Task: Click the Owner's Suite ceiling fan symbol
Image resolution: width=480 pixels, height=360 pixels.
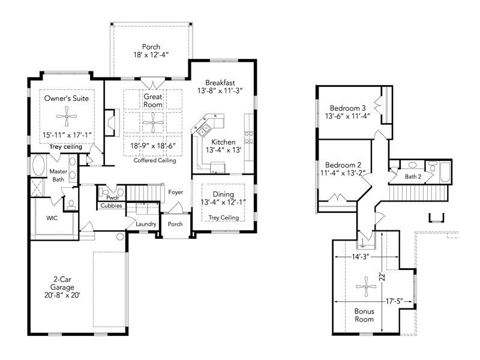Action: [67, 116]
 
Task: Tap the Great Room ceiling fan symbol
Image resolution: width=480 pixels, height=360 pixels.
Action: [153, 123]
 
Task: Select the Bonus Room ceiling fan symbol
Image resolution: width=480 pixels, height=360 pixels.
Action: [366, 287]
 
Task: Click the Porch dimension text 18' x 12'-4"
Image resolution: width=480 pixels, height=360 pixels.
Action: [151, 55]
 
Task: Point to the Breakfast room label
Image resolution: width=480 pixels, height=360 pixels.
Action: [220, 83]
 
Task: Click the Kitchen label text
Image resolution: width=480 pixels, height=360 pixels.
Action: [223, 142]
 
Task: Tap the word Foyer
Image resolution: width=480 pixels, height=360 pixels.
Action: [176, 192]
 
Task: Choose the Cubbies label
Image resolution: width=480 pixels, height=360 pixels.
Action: [112, 206]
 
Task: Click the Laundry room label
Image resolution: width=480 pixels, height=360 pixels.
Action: [146, 224]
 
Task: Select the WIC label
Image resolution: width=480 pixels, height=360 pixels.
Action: [52, 218]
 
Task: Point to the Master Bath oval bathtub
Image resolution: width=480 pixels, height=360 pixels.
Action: [38, 166]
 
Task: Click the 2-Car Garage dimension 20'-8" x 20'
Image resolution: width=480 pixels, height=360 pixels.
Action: [62, 295]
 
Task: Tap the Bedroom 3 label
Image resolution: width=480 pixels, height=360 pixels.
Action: [348, 108]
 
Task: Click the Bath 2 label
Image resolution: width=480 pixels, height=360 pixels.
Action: [413, 176]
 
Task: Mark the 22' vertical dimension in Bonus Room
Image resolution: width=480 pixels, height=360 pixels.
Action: [382, 277]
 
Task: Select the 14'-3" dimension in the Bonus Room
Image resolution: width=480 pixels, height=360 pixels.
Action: [361, 257]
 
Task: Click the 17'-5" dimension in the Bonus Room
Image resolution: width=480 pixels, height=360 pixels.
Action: [394, 301]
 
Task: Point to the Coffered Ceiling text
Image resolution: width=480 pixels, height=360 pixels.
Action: [155, 160]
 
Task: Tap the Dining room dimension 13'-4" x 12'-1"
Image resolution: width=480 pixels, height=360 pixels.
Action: [223, 202]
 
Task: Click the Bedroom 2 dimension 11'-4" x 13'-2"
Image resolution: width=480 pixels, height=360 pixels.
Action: [343, 173]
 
